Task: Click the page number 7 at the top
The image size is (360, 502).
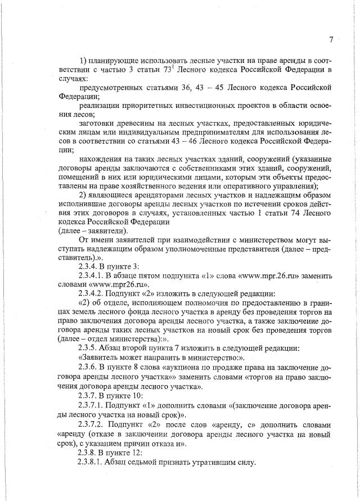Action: pos(331,39)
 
